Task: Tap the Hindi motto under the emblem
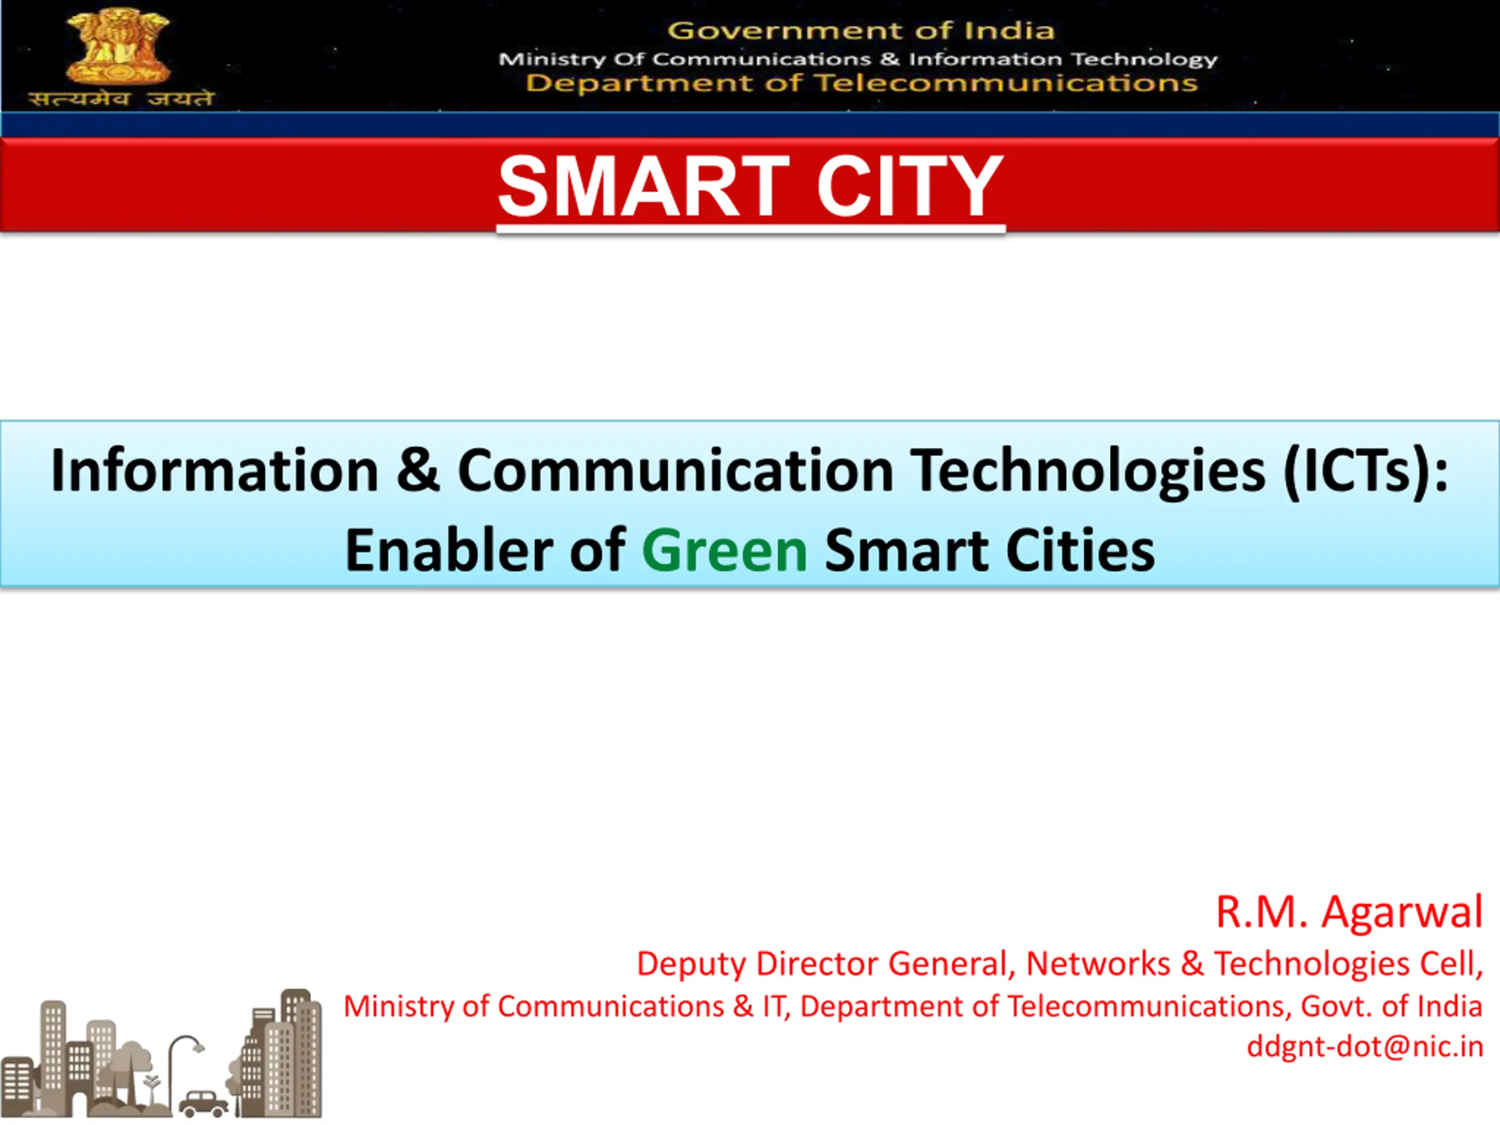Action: click(121, 99)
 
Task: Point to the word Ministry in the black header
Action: click(552, 60)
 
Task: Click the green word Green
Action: click(724, 551)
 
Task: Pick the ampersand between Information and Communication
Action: click(418, 470)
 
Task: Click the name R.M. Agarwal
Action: click(1349, 912)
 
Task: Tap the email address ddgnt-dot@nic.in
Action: click(1365, 1046)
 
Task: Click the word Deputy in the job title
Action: click(691, 964)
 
